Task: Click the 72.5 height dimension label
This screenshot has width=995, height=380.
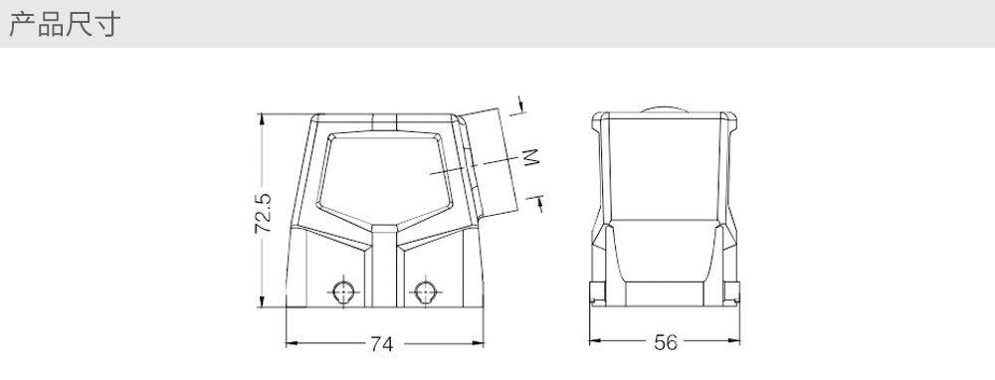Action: tap(263, 213)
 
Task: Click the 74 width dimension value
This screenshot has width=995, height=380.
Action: tap(381, 344)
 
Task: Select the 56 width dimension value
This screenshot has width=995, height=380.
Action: tap(666, 342)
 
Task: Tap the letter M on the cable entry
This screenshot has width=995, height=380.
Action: tap(530, 157)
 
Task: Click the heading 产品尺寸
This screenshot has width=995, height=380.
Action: tap(64, 24)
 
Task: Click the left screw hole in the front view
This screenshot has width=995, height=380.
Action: tap(343, 291)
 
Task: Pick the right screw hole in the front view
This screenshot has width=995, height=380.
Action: tap(425, 291)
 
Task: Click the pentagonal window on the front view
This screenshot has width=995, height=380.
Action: tap(384, 178)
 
